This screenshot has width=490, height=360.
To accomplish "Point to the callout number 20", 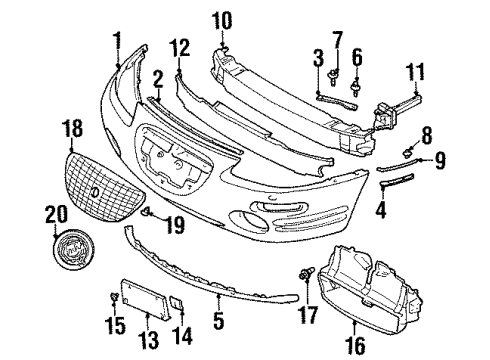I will pos(54,213).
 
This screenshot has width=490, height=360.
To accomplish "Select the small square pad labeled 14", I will pos(174,301).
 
